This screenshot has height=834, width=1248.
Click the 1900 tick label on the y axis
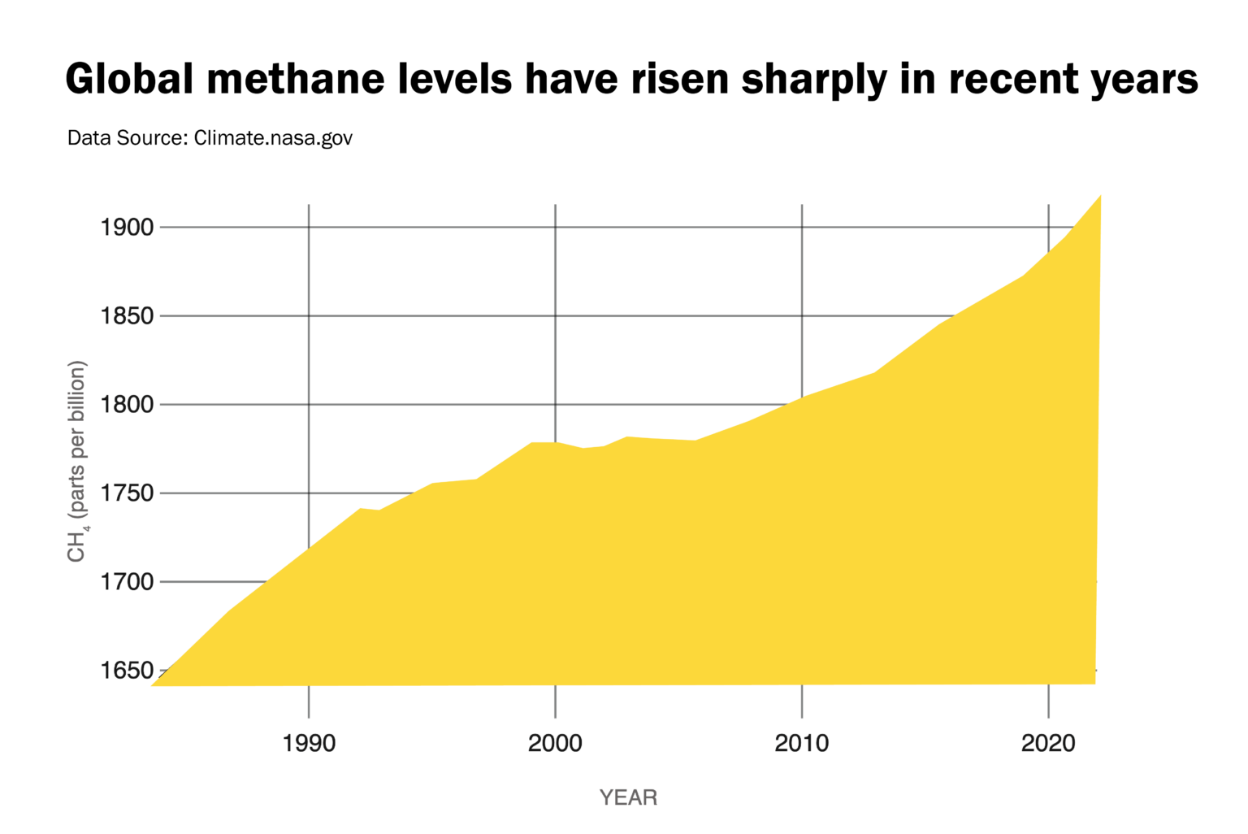[x=127, y=228]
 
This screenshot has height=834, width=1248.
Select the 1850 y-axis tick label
[x=127, y=316]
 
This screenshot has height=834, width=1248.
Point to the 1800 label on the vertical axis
[x=127, y=405]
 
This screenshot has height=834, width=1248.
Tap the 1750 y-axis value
[x=127, y=493]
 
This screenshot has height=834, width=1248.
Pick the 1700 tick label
[x=127, y=582]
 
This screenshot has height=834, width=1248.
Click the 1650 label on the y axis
[x=127, y=671]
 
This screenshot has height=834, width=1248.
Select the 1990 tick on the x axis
[x=309, y=743]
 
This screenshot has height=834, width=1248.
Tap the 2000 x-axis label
[x=555, y=743]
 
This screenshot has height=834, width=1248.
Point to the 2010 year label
[x=802, y=743]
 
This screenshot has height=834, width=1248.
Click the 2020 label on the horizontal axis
[x=1048, y=743]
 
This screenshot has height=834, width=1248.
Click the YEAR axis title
[x=628, y=797]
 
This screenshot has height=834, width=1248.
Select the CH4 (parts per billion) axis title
[x=77, y=461]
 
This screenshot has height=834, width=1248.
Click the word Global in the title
[x=129, y=80]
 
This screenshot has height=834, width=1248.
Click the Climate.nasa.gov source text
[x=273, y=138]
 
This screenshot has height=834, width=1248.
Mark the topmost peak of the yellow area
[x=1099, y=197]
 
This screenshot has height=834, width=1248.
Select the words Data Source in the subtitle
[x=126, y=138]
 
